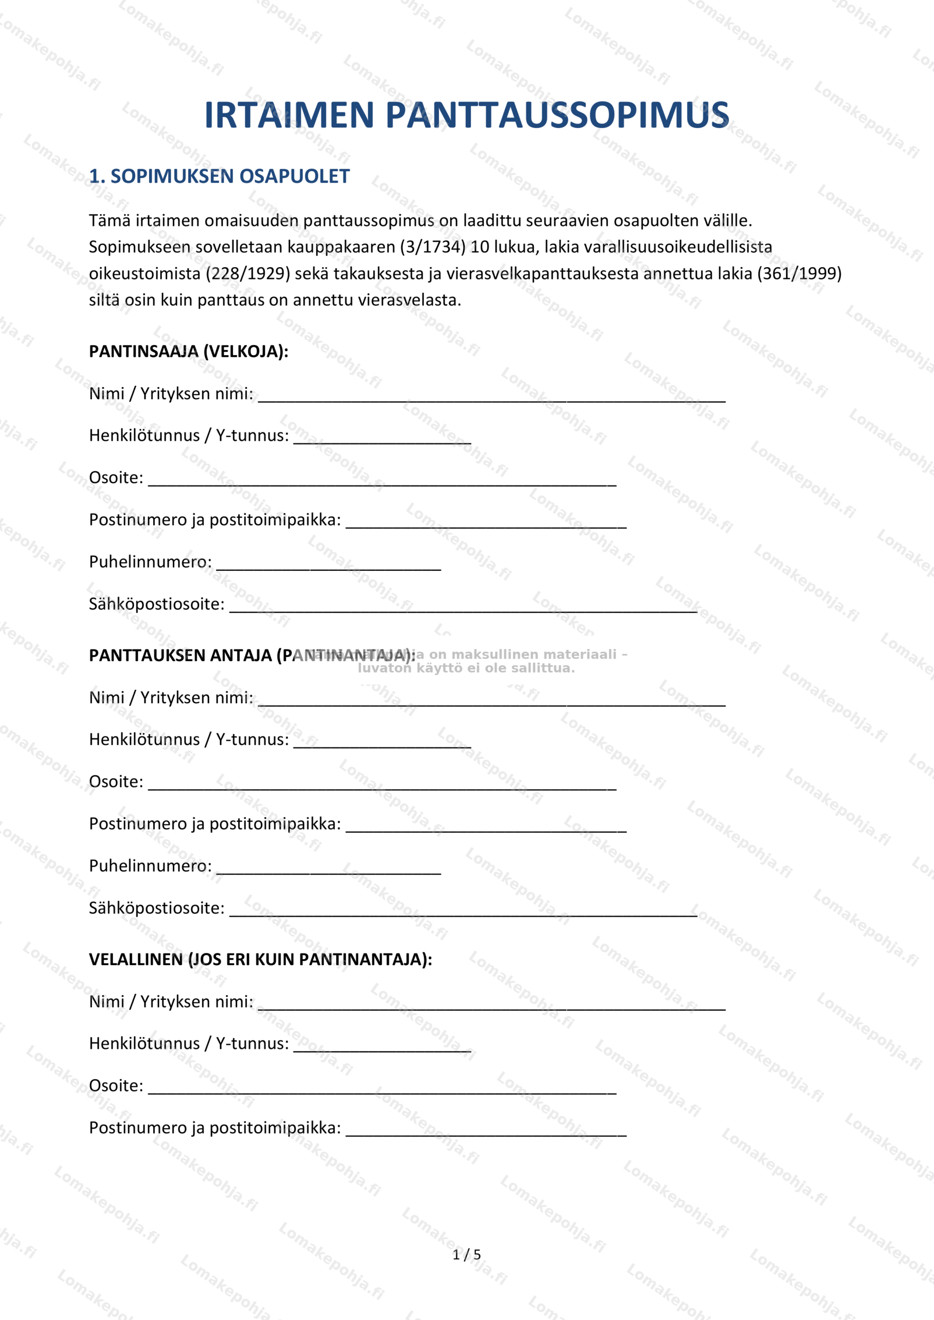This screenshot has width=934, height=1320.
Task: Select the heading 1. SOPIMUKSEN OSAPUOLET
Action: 219,176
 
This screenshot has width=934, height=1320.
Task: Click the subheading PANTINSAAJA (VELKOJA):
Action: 189,351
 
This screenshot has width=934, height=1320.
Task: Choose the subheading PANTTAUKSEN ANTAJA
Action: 252,655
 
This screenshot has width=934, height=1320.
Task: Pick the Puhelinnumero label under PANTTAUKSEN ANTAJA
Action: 150,866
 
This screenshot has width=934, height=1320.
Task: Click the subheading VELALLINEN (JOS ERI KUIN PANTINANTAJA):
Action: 260,960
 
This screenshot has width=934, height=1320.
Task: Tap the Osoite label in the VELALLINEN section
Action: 116,1085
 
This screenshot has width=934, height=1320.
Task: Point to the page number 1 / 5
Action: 466,1255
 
